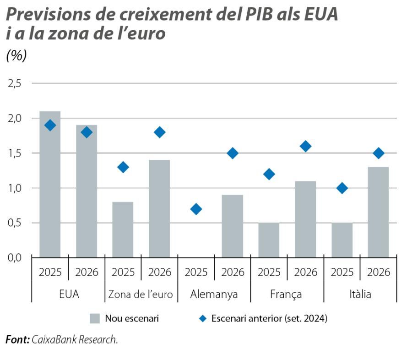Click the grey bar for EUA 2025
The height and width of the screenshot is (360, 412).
click(x=50, y=184)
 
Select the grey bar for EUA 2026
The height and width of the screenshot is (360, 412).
click(x=87, y=191)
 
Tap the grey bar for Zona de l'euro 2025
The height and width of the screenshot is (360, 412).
click(x=123, y=229)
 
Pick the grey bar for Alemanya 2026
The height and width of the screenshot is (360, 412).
click(x=232, y=226)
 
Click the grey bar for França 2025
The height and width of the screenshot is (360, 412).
click(x=269, y=240)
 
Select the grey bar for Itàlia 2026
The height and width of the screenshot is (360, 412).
click(x=378, y=212)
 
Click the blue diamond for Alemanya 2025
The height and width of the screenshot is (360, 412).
click(x=196, y=209)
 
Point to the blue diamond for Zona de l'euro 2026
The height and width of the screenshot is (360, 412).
click(x=159, y=132)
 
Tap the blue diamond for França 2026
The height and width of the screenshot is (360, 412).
click(x=305, y=146)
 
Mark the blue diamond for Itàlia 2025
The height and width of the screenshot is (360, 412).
click(x=342, y=188)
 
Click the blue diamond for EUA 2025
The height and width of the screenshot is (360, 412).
click(x=50, y=125)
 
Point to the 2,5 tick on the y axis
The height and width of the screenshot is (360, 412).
click(x=16, y=83)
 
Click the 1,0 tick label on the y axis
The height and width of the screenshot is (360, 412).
click(x=16, y=188)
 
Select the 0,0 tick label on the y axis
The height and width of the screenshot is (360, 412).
click(x=16, y=257)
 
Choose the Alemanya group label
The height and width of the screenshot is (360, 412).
click(x=214, y=294)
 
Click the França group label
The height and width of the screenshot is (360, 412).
click(x=287, y=294)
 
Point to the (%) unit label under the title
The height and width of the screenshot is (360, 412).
click(x=16, y=56)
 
